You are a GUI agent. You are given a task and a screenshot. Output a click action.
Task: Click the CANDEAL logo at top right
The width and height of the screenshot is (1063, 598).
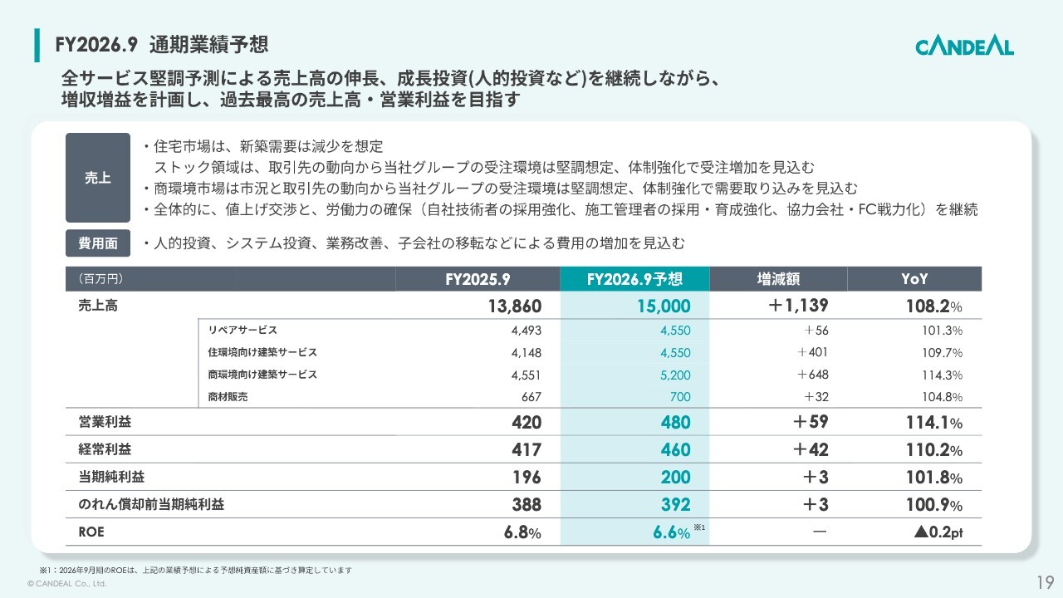click(x=964, y=46)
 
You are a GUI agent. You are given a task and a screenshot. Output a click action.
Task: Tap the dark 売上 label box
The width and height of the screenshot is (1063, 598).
click(x=97, y=178)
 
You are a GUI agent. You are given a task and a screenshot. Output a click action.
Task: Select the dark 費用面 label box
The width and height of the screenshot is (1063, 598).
click(x=97, y=243)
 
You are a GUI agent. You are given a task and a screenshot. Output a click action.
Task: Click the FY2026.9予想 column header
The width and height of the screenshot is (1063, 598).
click(x=634, y=280)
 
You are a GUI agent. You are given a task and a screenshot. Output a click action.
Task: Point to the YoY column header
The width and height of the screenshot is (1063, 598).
click(x=914, y=280)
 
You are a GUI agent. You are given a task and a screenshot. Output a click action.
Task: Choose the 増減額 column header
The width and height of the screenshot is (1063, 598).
click(x=778, y=280)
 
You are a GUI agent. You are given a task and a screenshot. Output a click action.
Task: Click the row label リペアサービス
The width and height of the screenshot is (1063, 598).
click(x=242, y=330)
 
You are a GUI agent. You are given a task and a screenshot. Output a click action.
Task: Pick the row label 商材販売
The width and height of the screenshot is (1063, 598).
click(x=228, y=397)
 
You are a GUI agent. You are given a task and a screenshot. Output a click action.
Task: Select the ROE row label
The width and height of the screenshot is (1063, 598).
click(x=91, y=532)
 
